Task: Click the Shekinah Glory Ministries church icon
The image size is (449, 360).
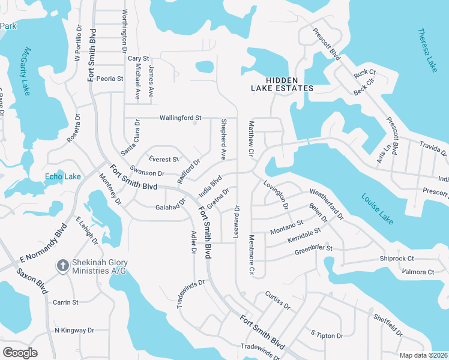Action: [62, 265]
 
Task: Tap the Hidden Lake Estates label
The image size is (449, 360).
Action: [282, 83]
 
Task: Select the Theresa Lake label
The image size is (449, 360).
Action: [427, 50]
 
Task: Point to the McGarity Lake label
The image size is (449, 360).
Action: [23, 71]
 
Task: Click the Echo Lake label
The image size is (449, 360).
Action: [62, 176]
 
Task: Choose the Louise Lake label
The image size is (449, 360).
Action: [377, 208]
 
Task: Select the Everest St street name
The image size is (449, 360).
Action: [164, 160]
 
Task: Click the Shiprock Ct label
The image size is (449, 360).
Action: [397, 259]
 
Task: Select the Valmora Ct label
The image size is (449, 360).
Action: [417, 272]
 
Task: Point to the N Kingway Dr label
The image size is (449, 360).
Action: [74, 330]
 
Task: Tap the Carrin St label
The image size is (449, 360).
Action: [66, 302]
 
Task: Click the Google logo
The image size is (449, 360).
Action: [20, 352]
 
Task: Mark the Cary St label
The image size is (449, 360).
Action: [138, 58]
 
